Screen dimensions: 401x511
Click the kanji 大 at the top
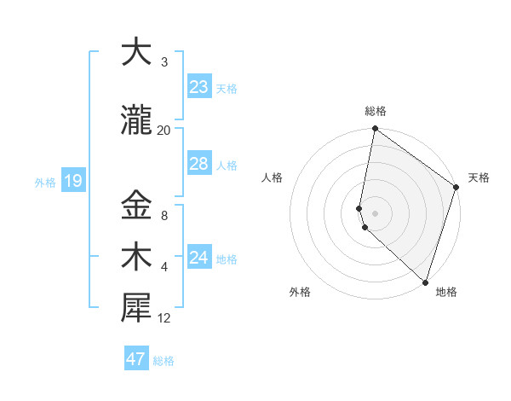tap(136, 52)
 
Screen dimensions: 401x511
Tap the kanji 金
tap(136, 205)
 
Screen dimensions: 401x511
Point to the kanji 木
tap(136, 257)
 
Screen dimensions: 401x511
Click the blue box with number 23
tap(199, 88)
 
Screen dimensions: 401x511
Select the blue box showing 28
tap(199, 164)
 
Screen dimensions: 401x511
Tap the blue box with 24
tap(199, 258)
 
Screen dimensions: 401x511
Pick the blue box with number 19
tap(72, 181)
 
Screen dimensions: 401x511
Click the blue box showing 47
tap(136, 359)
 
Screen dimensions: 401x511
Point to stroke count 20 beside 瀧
tap(164, 131)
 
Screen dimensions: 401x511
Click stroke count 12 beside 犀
tap(164, 319)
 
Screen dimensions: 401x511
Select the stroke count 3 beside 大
tap(164, 62)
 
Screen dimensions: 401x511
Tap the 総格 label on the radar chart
tap(375, 111)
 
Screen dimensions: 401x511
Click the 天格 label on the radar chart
tap(479, 177)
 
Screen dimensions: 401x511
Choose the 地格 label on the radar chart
tap(446, 292)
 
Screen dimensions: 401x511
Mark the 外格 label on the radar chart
tap(300, 292)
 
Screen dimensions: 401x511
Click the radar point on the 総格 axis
tap(375, 130)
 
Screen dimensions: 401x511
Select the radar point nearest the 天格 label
tap(456, 188)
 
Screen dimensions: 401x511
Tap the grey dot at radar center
tap(375, 212)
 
